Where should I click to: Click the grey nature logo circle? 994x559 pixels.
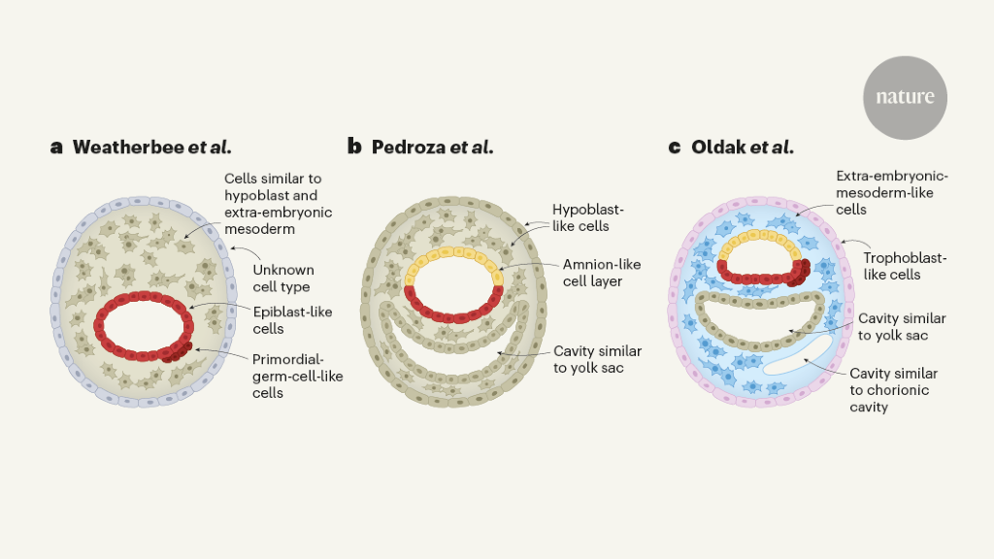(905, 98)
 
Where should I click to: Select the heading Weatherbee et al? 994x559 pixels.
(152, 148)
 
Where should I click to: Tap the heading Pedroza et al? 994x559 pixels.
(432, 148)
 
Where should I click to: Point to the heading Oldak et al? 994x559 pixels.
(743, 148)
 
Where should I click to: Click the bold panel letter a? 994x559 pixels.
(56, 148)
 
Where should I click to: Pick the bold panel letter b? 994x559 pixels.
(354, 147)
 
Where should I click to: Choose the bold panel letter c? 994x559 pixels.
(675, 148)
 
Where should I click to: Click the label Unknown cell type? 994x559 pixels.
(283, 279)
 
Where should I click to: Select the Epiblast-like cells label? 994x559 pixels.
(292, 320)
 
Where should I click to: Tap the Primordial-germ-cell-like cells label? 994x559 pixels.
(297, 376)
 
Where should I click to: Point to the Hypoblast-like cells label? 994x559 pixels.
(587, 217)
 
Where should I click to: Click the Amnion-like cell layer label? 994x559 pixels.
(602, 273)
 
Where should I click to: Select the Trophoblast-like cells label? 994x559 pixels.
(905, 266)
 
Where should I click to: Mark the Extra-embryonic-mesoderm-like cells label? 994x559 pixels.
(892, 193)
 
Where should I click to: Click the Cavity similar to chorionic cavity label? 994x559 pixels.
(893, 390)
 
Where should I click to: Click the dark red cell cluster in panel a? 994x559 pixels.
(178, 352)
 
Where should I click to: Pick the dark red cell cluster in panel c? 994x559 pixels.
(800, 273)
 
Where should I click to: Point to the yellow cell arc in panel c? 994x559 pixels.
(759, 240)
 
